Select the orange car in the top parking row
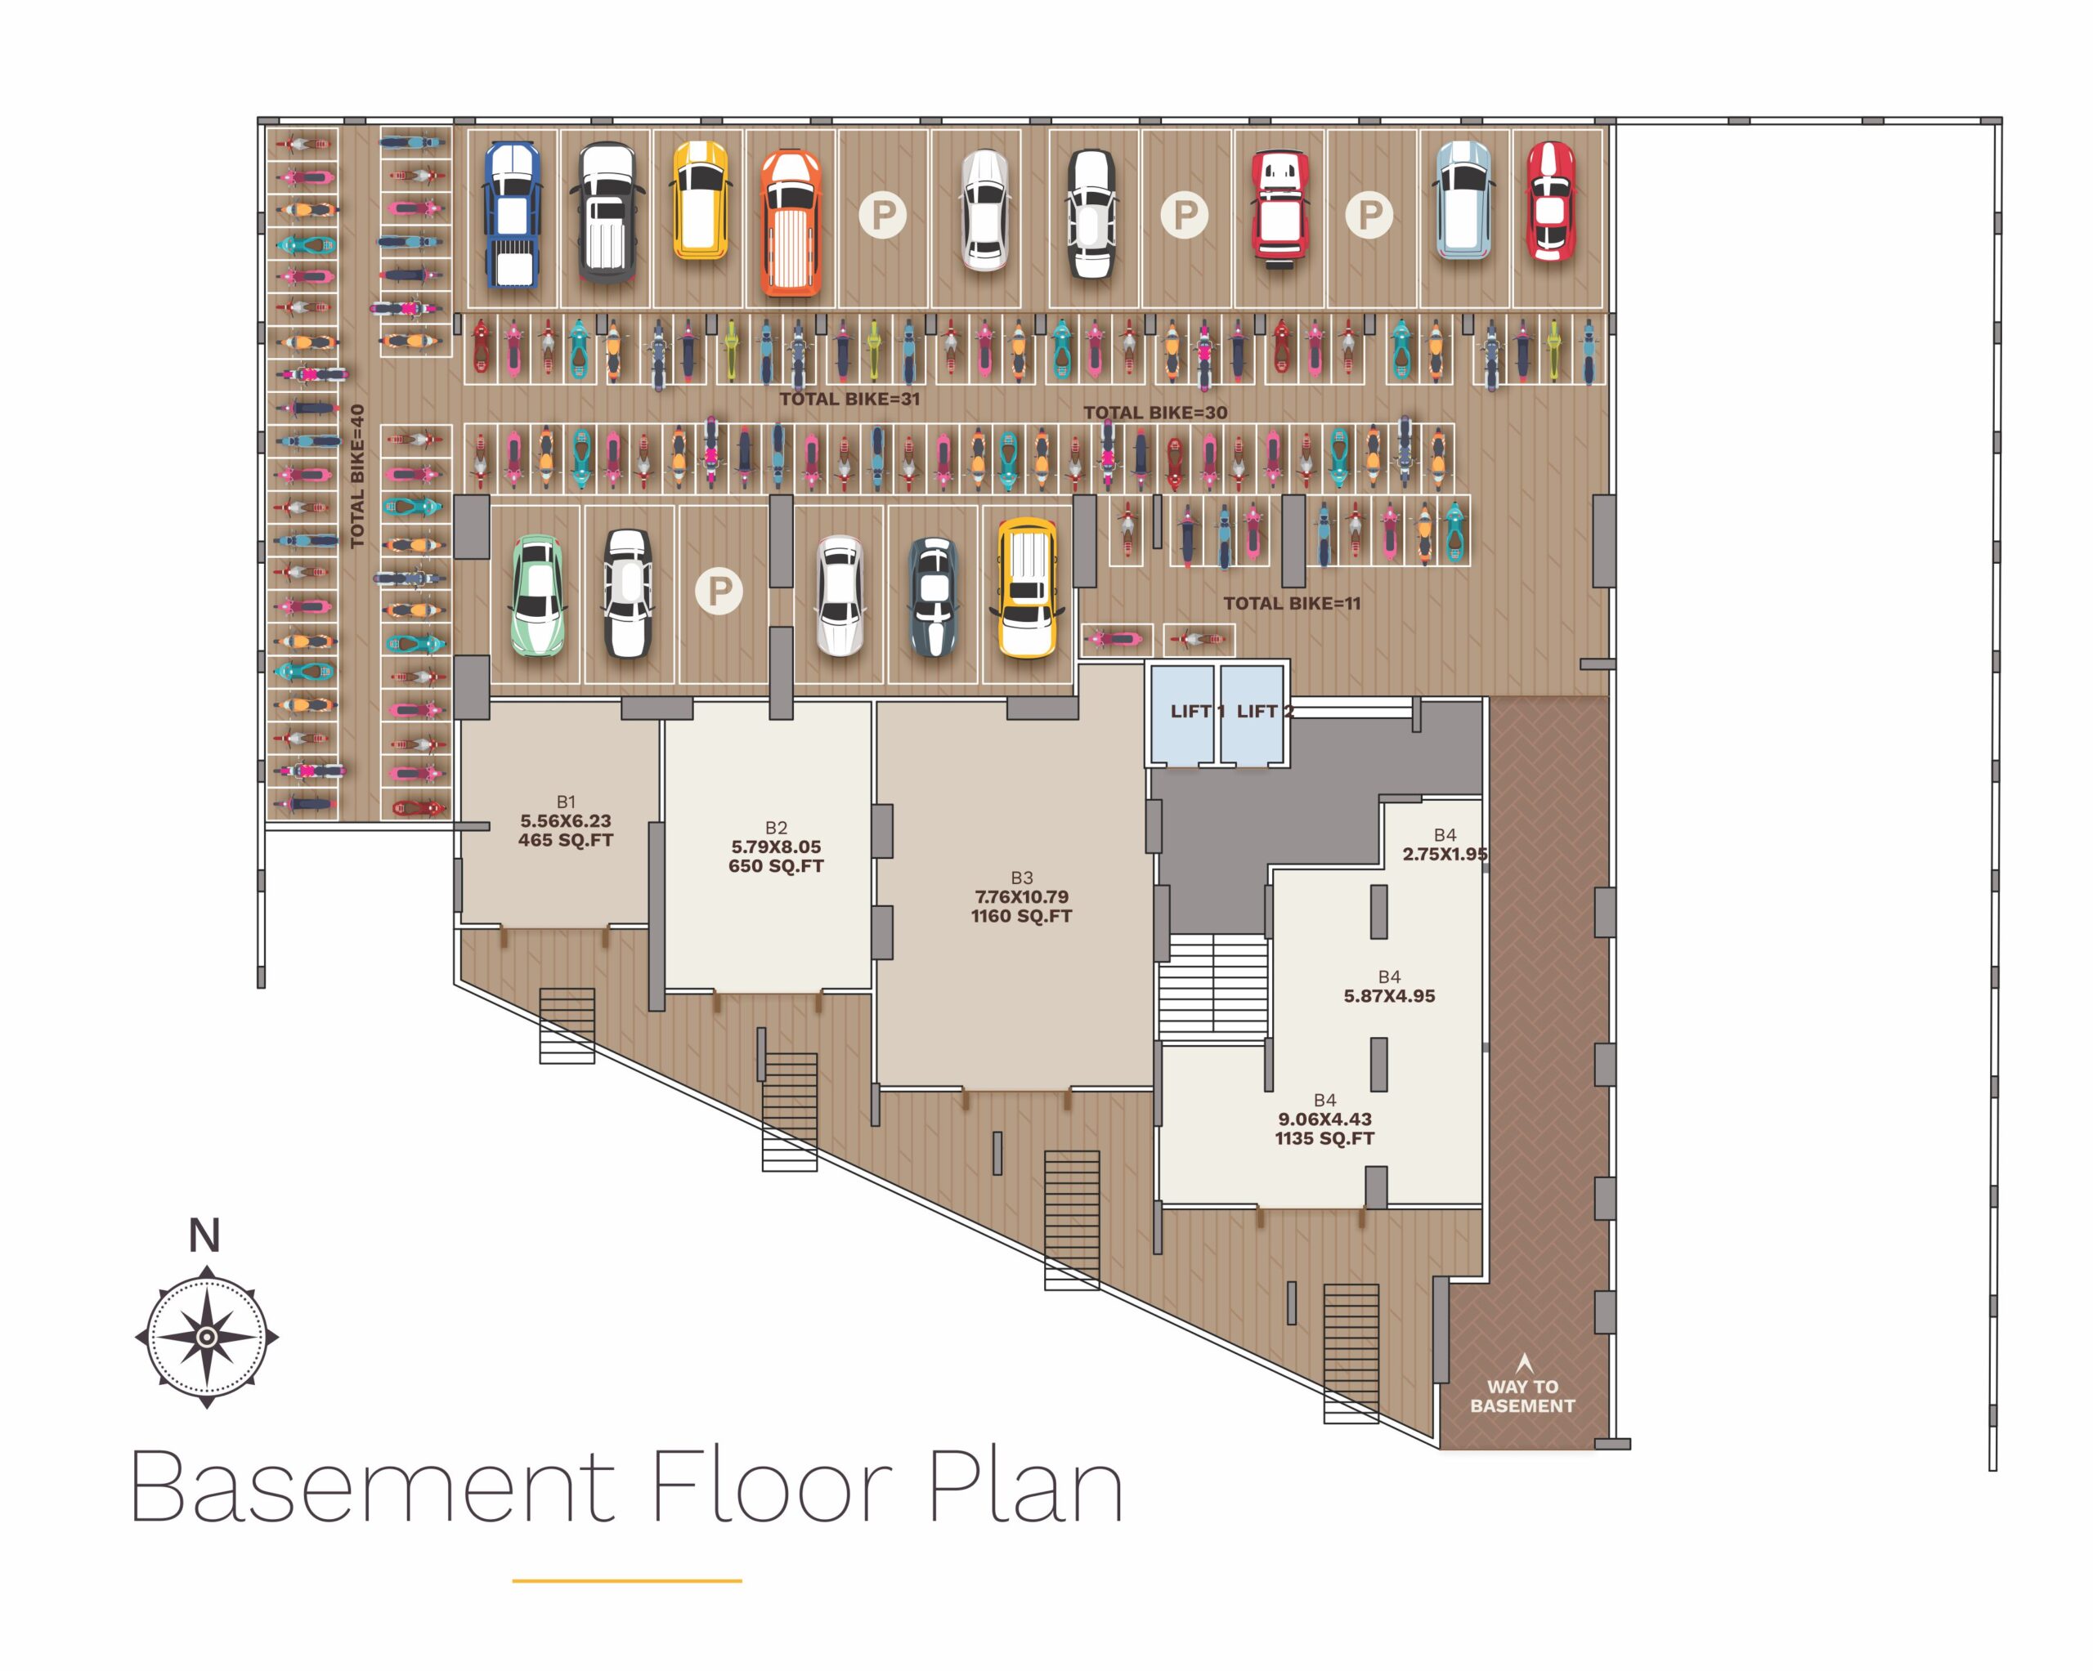791,223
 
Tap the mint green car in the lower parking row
537,596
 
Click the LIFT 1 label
1197,711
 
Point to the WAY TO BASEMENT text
1522,1396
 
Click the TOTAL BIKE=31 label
849,399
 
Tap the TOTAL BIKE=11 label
1292,604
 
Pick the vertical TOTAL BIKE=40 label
357,476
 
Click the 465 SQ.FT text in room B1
566,840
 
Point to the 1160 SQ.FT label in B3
1021,916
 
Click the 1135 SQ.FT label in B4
1325,1138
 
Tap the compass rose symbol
207,1337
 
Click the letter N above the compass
204,1236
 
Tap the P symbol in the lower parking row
719,591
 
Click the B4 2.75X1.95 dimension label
1445,845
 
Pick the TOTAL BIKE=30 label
1155,413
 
